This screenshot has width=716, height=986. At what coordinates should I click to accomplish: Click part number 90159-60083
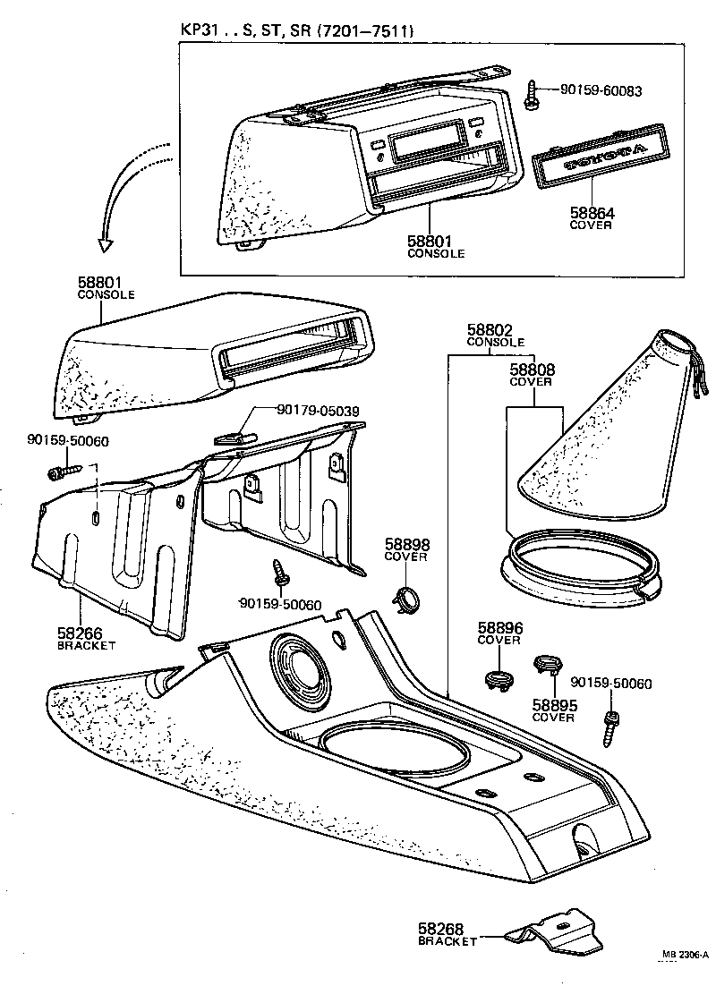click(601, 90)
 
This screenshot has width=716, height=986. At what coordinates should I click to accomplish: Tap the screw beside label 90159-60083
click(533, 93)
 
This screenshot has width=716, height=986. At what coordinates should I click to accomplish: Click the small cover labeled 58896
click(498, 676)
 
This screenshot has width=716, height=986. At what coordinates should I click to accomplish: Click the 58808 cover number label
click(533, 369)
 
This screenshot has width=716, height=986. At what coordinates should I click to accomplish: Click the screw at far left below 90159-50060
click(62, 470)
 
